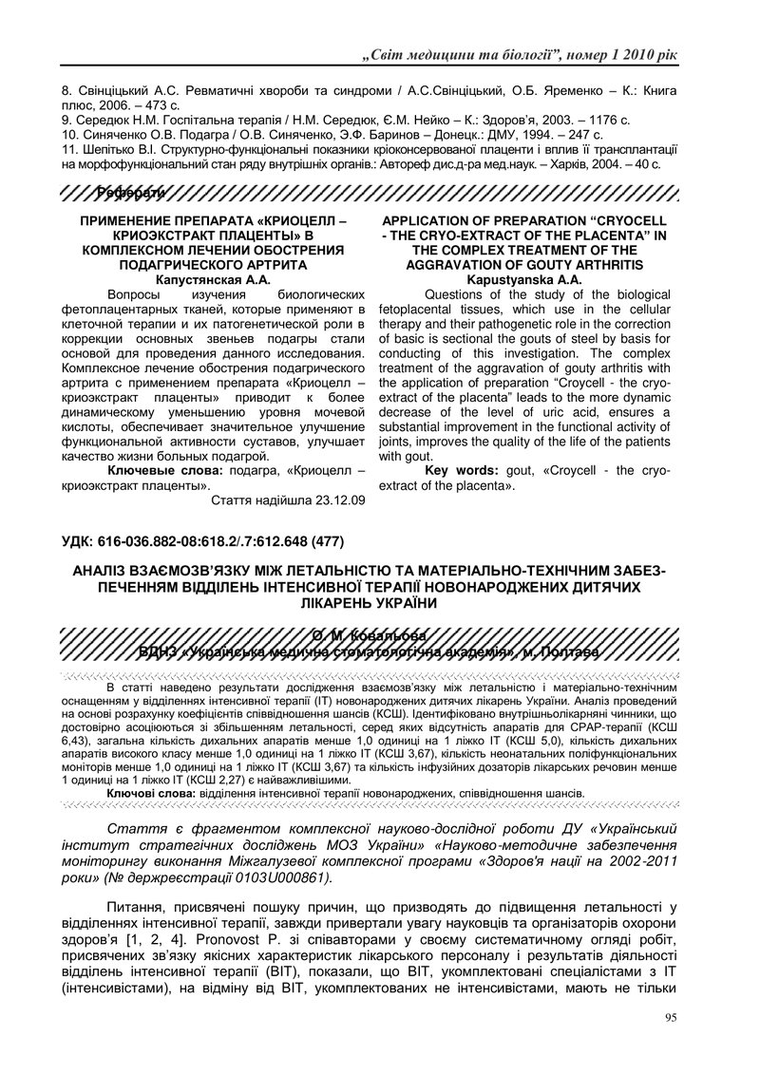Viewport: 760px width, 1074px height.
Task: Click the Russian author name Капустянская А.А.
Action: coord(212,279)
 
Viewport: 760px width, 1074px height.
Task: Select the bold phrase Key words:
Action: coord(460,471)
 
